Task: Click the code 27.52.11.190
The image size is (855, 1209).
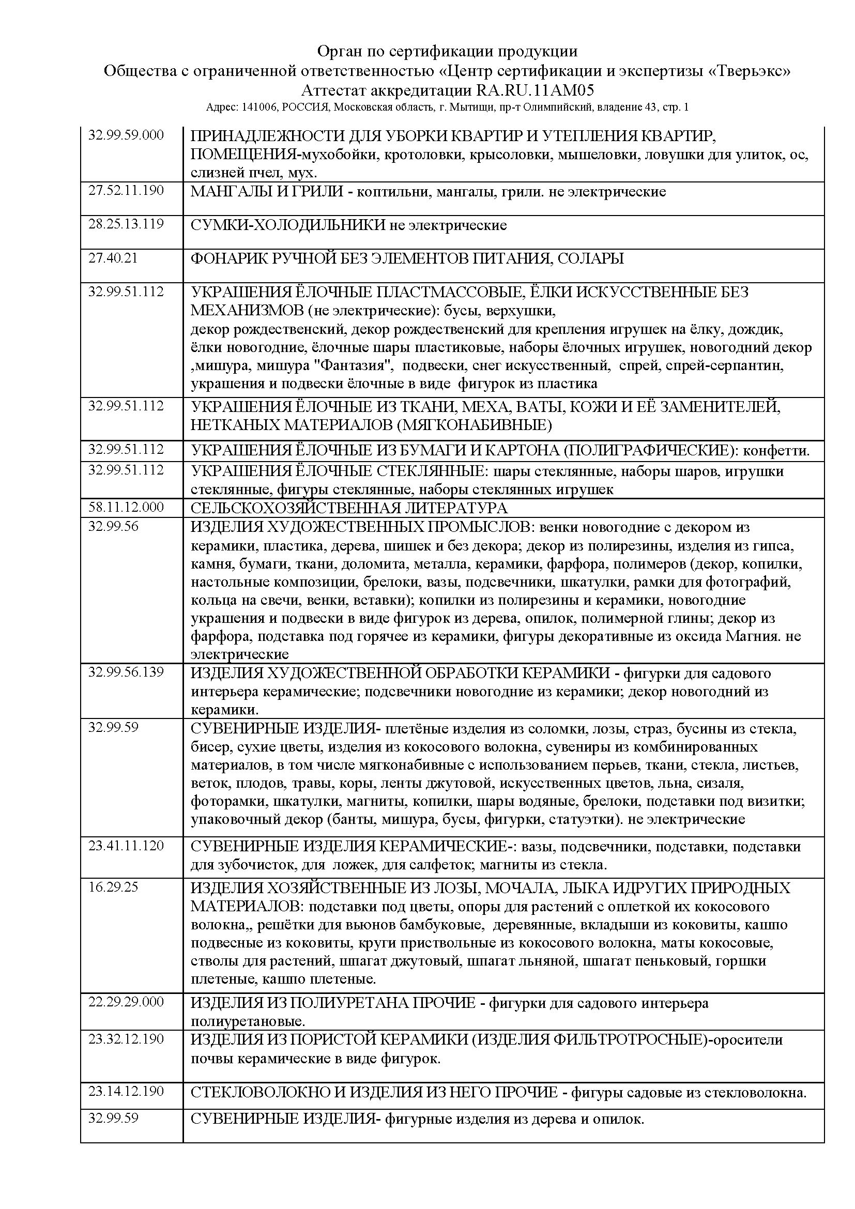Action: pyautogui.click(x=126, y=190)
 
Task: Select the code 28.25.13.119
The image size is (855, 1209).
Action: pyautogui.click(x=126, y=224)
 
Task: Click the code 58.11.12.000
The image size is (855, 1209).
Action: pyautogui.click(x=126, y=507)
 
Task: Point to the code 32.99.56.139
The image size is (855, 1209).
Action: pyautogui.click(x=126, y=672)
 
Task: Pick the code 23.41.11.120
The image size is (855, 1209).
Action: pyautogui.click(x=126, y=846)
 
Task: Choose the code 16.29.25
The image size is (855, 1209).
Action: pyautogui.click(x=113, y=887)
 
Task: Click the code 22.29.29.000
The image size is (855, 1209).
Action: pyautogui.click(x=126, y=1001)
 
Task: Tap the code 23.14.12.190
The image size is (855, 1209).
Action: pyautogui.click(x=126, y=1091)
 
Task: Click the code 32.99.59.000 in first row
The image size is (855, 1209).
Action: pyautogui.click(x=126, y=135)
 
